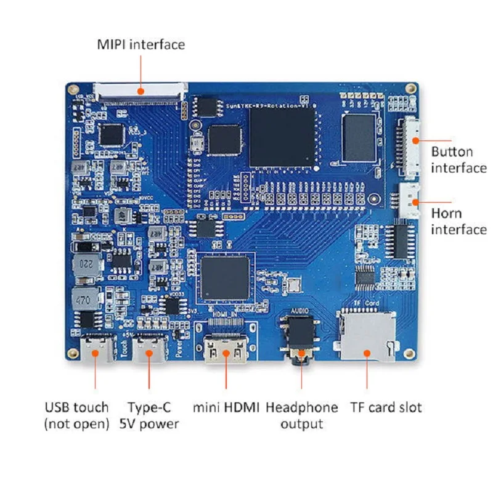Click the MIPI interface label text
click(x=141, y=45)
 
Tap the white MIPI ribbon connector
click(x=141, y=92)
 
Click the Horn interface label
click(x=458, y=221)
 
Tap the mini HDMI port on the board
click(x=226, y=352)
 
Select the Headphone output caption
click(x=302, y=415)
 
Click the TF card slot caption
click(x=386, y=407)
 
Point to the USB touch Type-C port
click(x=97, y=349)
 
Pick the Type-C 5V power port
click(x=149, y=350)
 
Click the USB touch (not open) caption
click(x=76, y=415)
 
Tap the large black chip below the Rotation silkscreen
click(x=282, y=137)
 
